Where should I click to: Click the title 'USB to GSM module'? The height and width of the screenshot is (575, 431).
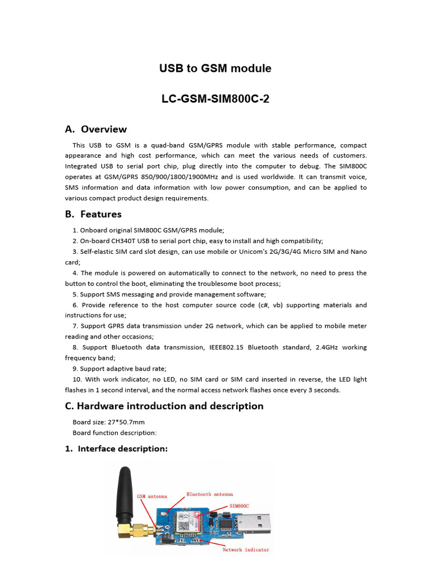tap(215, 69)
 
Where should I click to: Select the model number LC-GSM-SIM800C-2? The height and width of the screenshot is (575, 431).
tap(215, 99)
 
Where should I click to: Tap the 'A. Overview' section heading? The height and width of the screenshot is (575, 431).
tap(96, 129)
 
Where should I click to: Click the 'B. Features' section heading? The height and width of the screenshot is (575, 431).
tap(93, 214)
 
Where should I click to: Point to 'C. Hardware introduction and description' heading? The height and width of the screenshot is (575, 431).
tap(164, 406)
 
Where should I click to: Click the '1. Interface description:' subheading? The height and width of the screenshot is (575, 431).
tap(116, 449)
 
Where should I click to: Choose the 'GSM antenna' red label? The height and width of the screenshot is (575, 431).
tap(152, 496)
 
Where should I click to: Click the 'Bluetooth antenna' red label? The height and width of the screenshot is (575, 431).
tap(209, 494)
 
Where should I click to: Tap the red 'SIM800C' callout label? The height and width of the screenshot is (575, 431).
tap(239, 505)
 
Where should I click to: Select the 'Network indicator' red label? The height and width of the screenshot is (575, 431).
tap(245, 550)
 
